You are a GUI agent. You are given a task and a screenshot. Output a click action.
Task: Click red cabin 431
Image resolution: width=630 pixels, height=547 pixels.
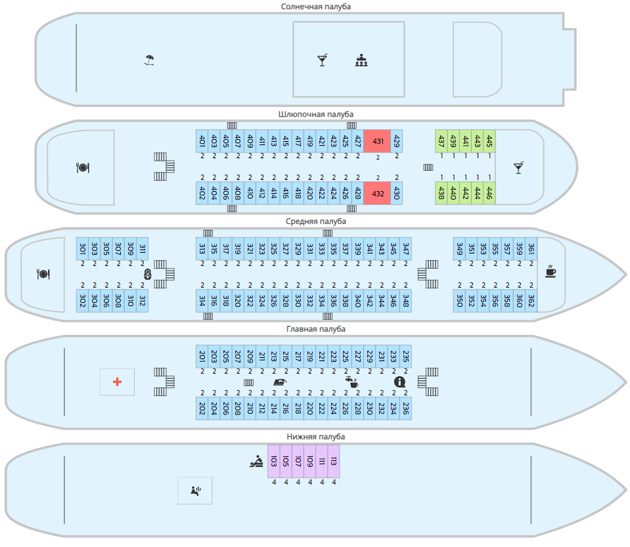tap(378, 141)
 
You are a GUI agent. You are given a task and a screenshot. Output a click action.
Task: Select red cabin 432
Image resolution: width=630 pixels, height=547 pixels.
tap(378, 193)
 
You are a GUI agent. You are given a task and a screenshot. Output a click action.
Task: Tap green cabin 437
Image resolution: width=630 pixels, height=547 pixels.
tap(441, 141)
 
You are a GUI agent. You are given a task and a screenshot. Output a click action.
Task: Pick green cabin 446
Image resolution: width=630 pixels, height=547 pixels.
tap(489, 193)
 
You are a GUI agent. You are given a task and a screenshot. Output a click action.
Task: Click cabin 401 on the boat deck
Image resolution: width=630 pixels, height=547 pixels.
tap(202, 141)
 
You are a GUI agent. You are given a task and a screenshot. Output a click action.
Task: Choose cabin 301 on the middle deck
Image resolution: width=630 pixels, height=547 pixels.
tap(83, 248)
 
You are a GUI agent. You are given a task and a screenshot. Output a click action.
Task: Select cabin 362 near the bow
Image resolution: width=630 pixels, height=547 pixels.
tap(531, 300)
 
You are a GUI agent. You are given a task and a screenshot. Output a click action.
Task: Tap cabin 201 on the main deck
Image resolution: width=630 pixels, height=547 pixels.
tap(202, 356)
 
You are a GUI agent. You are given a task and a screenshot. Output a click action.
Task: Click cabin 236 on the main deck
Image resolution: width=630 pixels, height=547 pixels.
tap(406, 408)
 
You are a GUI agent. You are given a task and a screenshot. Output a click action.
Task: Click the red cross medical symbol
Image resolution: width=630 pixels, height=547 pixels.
tap(117, 382)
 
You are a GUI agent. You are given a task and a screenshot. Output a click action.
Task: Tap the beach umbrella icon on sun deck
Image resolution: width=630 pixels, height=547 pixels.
tap(150, 60)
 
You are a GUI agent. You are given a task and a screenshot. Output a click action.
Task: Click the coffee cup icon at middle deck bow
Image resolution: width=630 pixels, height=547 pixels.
tap(551, 271)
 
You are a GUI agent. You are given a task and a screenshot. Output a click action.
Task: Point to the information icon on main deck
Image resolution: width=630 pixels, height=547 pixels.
tap(399, 382)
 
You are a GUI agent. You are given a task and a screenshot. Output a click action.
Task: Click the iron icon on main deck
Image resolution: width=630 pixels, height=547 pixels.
tap(279, 382)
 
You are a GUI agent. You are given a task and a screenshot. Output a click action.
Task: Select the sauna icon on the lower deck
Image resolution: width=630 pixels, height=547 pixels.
tap(195, 490)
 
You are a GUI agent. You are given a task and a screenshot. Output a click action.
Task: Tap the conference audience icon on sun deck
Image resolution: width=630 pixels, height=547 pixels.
tap(361, 60)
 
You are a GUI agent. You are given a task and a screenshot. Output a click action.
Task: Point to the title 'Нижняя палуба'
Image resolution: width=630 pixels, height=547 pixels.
tap(316, 437)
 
